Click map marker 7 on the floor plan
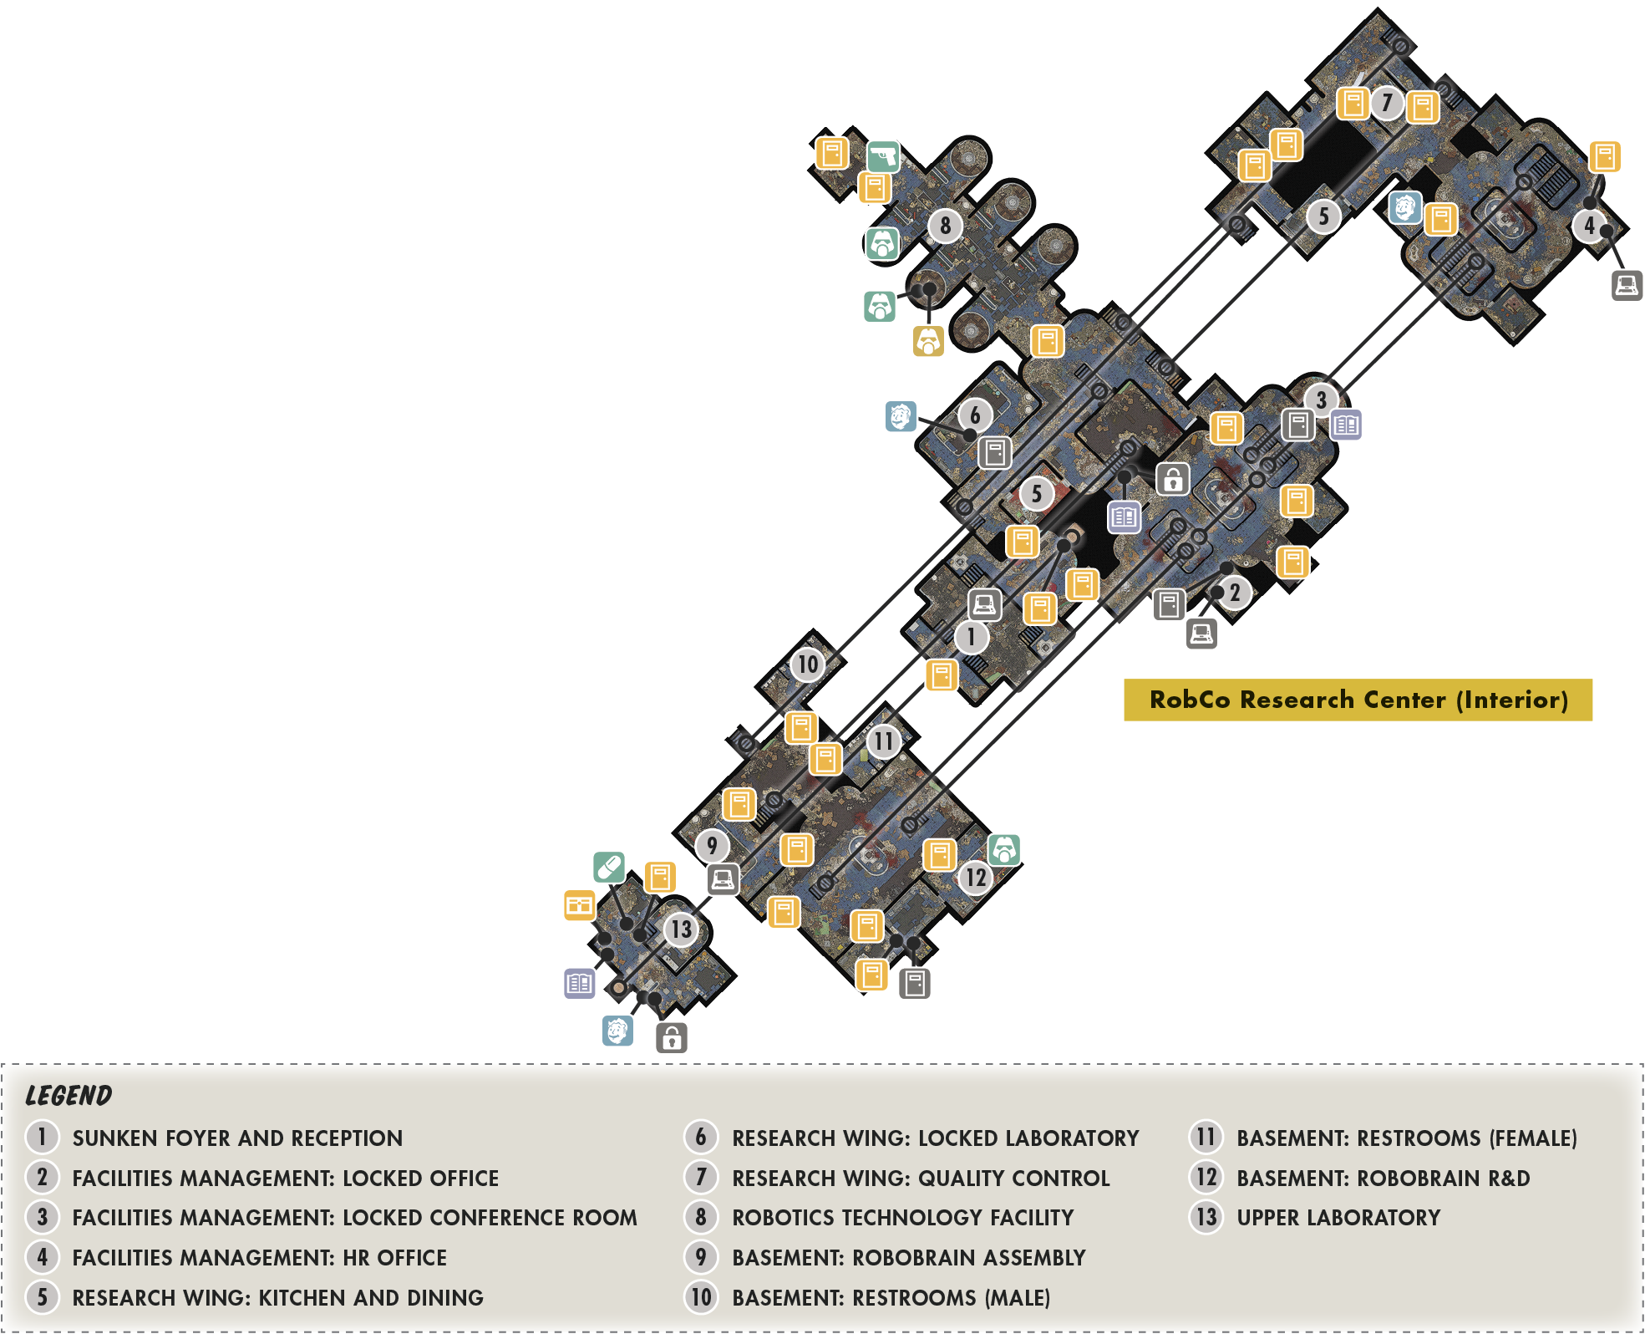coord(1387,103)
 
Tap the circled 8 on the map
coord(945,225)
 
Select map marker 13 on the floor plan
coord(681,929)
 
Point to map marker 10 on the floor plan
coord(807,664)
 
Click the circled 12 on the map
coord(975,877)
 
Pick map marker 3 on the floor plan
coord(1321,400)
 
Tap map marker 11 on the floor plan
coord(884,741)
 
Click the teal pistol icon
coord(883,156)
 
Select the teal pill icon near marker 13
coord(609,867)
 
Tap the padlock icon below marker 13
coord(672,1037)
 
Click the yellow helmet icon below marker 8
coord(928,341)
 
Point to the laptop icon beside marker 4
coord(1627,285)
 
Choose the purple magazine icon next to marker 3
coord(1346,425)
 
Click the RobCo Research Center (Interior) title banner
coord(1358,700)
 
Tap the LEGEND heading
coord(69,1096)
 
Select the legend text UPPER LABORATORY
coord(1338,1218)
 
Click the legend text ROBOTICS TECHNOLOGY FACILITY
coord(902,1218)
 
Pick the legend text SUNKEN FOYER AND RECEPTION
coord(237,1138)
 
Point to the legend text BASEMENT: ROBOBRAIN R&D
coord(1383,1179)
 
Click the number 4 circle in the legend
coord(42,1257)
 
